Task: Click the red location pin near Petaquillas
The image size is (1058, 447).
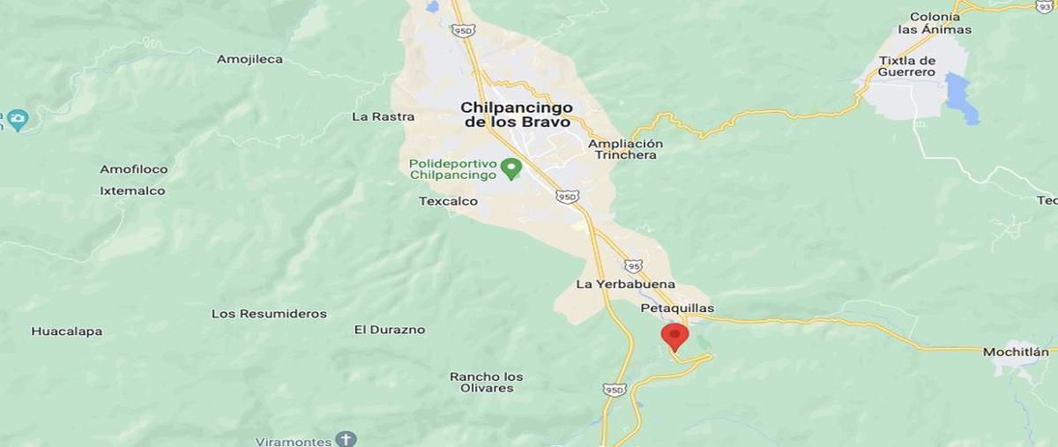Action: [674, 336]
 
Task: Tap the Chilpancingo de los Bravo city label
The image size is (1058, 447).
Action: [517, 115]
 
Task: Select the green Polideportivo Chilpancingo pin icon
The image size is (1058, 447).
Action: [510, 167]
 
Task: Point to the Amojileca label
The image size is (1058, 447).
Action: [250, 59]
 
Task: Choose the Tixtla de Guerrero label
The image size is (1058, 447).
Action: [906, 66]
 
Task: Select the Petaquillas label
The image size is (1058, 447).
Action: [677, 309]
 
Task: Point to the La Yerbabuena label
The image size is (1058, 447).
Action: [625, 284]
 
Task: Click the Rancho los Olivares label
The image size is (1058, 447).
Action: [486, 382]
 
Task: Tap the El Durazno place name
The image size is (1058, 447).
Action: [390, 330]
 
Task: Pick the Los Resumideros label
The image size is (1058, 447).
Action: [269, 314]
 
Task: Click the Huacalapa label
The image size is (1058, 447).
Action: [67, 332]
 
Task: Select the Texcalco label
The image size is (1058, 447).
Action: [448, 201]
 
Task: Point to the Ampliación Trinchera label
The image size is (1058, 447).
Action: [625, 149]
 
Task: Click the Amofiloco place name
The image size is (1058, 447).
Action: [133, 169]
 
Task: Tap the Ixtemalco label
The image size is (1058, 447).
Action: [132, 190]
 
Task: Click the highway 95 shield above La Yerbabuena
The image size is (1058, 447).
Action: [634, 265]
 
